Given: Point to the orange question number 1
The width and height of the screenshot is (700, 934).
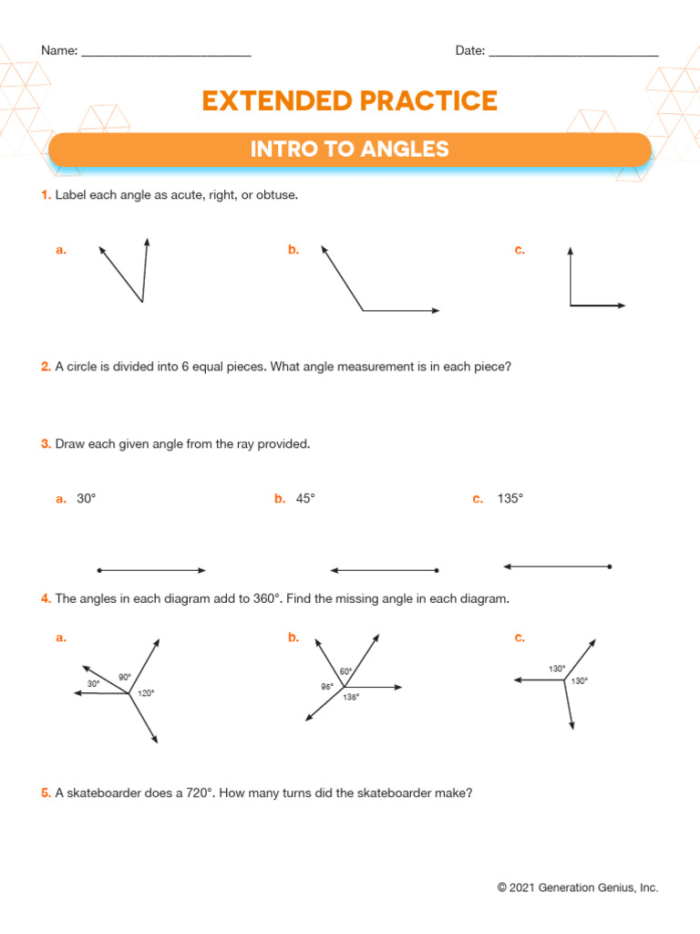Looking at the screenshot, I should [x=45, y=195].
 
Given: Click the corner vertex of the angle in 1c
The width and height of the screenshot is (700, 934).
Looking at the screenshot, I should [x=571, y=306].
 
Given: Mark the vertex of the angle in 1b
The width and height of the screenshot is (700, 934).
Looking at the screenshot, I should [x=363, y=311].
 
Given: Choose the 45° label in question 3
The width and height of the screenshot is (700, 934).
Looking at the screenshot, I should [x=305, y=499].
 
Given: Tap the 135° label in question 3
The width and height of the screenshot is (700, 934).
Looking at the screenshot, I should [x=510, y=499].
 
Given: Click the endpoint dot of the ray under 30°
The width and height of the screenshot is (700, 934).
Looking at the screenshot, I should [x=99, y=571].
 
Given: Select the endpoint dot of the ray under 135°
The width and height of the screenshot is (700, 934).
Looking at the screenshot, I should [x=610, y=566].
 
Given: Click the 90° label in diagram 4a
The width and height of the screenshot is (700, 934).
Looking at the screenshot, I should [x=125, y=677].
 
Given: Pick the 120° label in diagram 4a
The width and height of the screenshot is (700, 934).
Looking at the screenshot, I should [x=146, y=694].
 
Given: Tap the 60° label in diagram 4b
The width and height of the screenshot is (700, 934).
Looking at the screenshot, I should [x=346, y=671].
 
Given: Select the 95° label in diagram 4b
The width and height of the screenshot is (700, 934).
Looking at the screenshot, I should [x=327, y=686].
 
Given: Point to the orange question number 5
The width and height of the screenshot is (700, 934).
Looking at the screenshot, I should [x=45, y=794].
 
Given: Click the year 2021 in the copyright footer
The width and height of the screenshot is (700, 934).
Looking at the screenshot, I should [x=522, y=887].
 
